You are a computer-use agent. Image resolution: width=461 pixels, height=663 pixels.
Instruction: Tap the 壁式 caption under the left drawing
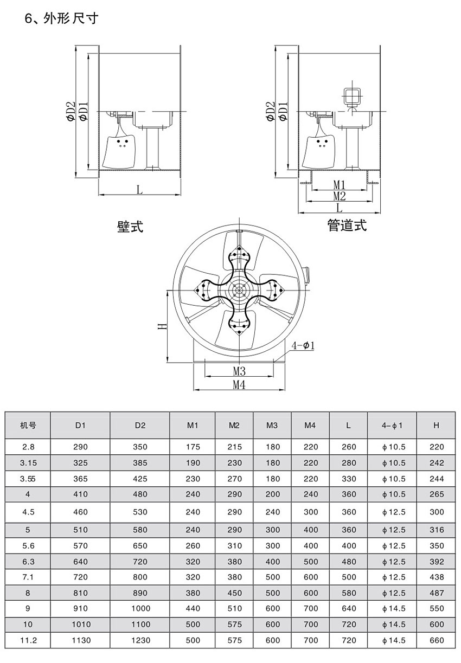click(130, 227)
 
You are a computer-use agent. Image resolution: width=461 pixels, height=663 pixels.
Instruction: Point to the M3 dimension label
click(239, 371)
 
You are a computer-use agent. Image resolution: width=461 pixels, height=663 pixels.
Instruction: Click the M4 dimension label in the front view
click(239, 384)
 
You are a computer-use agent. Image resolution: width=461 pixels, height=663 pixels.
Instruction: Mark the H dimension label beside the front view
click(161, 326)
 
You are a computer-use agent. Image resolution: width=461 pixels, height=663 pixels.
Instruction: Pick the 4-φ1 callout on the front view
click(304, 345)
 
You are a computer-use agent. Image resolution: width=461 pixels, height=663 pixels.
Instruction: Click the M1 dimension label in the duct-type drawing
click(340, 185)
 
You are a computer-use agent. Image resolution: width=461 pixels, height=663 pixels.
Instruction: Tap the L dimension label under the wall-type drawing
click(139, 190)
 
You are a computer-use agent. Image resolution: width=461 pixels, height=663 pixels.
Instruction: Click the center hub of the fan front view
click(239, 290)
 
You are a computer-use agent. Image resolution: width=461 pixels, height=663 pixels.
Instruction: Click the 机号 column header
click(28, 426)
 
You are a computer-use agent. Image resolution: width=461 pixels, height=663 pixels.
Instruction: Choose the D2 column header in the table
click(140, 426)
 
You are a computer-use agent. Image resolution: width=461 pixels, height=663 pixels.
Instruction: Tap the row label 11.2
click(28, 640)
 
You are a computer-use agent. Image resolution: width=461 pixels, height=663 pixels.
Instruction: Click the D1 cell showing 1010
click(80, 624)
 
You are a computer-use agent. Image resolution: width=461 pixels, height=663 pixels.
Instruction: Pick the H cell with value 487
click(436, 593)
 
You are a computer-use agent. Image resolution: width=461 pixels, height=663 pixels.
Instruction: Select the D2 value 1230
click(140, 640)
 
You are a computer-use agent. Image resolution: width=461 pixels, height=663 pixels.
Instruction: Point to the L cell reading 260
click(348, 447)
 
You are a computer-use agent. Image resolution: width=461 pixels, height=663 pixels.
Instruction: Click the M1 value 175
click(193, 447)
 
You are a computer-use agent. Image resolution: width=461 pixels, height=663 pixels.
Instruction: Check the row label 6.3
click(28, 562)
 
